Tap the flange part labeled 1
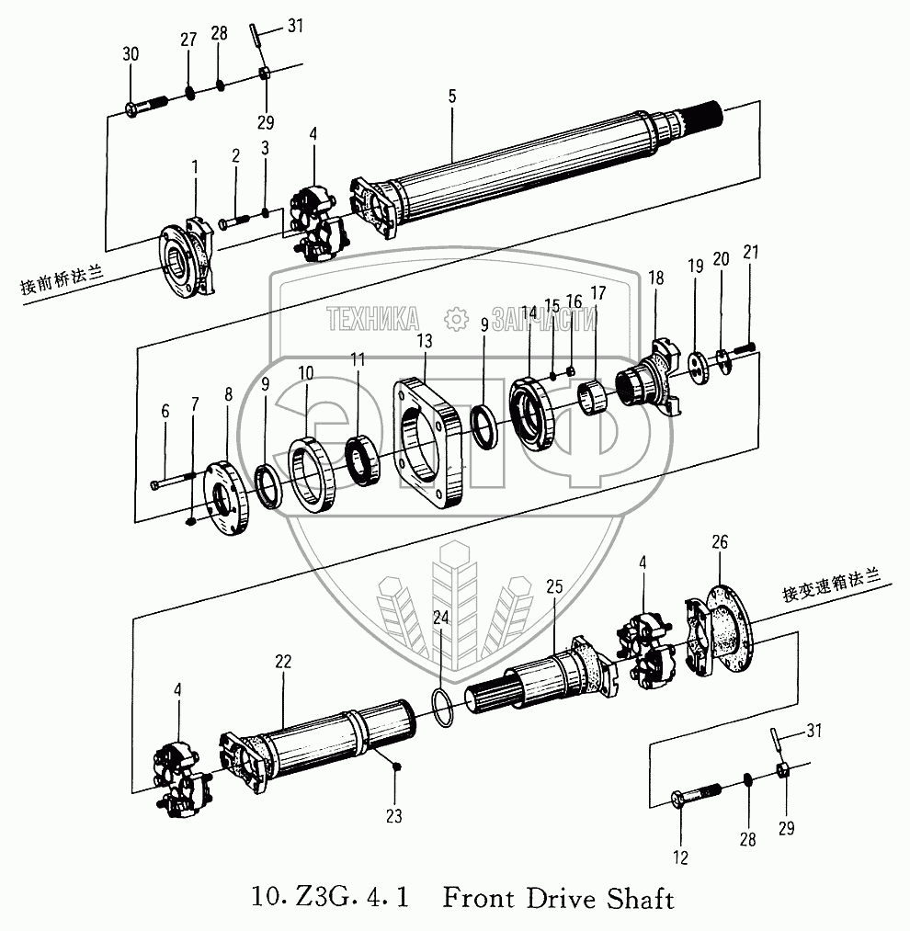188,258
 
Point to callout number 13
424,341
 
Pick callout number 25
553,585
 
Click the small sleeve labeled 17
593,401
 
